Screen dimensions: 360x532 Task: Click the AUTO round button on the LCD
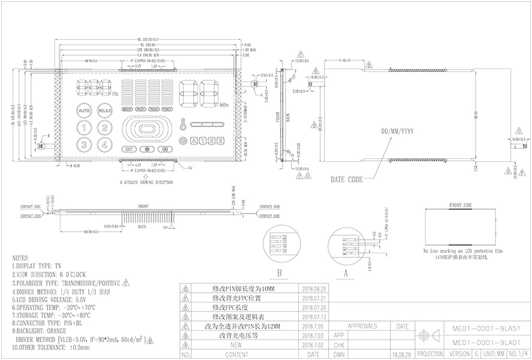point(85,112)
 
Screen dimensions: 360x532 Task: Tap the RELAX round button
point(105,112)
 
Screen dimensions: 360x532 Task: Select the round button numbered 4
point(105,144)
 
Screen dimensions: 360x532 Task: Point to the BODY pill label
point(127,110)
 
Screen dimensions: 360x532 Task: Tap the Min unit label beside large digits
point(224,106)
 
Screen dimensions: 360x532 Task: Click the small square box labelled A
point(194,141)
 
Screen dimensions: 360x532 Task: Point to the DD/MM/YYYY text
point(396,130)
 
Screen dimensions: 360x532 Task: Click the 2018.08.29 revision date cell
point(315,289)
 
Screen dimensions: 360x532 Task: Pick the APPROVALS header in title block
point(362,326)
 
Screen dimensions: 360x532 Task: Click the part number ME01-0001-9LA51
point(477,329)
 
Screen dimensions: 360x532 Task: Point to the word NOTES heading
point(20,256)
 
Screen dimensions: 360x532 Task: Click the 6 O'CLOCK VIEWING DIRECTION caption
point(146,181)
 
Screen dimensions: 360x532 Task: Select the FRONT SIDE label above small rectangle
point(461,205)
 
